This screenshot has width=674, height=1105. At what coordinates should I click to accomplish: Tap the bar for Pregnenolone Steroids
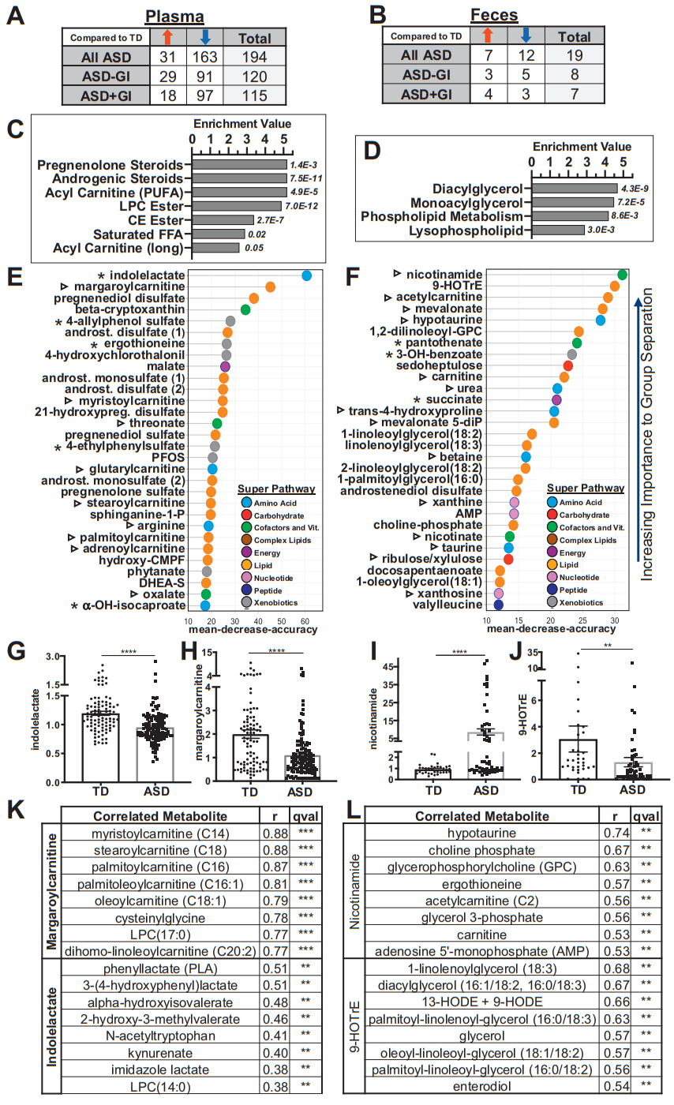click(x=238, y=165)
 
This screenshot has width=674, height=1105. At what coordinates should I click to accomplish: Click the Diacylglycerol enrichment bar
click(x=574, y=187)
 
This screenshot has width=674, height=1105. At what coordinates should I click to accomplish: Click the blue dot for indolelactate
click(x=306, y=275)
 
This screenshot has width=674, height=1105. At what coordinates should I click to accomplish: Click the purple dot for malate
click(x=225, y=367)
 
